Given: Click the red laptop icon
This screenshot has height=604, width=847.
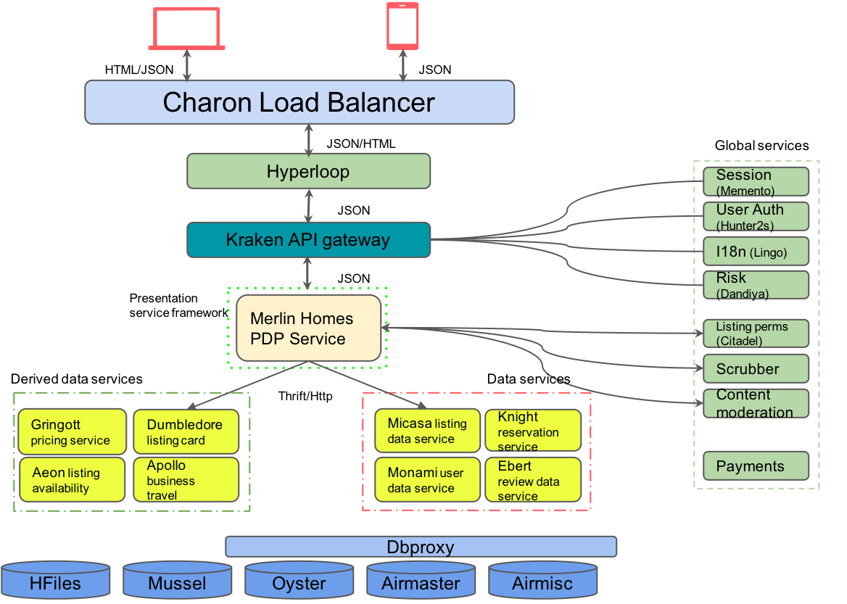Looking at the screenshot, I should click(186, 28).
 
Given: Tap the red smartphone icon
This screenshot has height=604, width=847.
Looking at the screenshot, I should click(402, 25).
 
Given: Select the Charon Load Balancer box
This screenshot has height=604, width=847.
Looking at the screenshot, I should click(299, 102).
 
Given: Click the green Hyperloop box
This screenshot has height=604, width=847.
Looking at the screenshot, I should click(308, 172).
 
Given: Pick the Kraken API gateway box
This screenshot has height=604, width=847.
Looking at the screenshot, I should click(308, 240).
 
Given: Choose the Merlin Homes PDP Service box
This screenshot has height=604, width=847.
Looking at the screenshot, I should click(308, 328).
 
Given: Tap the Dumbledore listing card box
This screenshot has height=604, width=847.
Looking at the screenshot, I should click(186, 431).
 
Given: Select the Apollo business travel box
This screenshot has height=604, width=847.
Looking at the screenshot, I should click(186, 479).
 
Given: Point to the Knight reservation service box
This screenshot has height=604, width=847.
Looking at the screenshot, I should click(533, 431).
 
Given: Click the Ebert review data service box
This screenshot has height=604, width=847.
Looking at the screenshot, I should click(533, 479).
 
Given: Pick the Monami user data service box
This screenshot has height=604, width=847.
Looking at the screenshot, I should click(427, 479).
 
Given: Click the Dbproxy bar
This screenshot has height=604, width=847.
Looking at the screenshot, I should click(421, 547).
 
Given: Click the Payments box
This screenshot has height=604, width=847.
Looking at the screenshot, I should click(756, 466).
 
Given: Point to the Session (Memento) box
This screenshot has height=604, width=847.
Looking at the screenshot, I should click(756, 181).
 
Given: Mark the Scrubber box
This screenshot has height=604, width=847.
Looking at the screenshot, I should click(756, 368).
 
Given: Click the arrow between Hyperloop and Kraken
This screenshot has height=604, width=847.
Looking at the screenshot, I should click(310, 206).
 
